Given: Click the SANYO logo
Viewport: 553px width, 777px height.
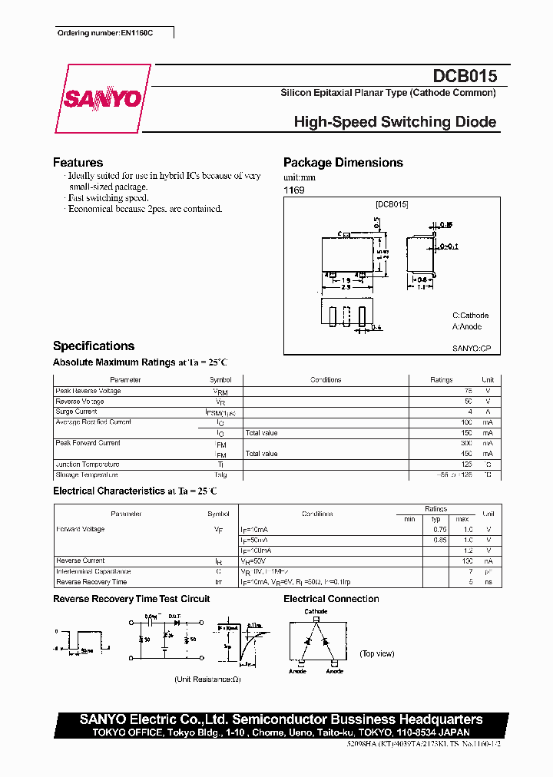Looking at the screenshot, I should point(102,99).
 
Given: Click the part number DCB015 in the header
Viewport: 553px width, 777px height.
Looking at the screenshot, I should point(465,76).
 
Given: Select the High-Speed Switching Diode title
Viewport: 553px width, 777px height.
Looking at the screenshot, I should point(395,122).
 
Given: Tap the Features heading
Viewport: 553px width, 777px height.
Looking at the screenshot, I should point(78,163).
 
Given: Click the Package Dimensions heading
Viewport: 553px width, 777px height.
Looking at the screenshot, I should point(343,163).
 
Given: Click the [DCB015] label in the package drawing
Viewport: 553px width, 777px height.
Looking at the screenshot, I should point(392,204).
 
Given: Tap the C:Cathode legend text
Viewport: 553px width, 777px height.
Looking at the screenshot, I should point(470,316).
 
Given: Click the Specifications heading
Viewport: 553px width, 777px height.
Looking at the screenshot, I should point(94,346).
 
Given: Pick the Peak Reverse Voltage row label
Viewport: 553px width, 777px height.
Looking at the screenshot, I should point(88,391).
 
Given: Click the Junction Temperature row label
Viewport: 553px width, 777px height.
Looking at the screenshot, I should point(88,465).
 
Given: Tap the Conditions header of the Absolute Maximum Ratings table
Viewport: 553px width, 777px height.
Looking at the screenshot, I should point(326,380).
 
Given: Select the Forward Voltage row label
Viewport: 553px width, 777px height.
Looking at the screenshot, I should point(81,529).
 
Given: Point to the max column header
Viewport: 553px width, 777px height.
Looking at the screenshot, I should point(462,519).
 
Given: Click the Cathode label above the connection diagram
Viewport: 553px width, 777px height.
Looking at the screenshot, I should point(316,612).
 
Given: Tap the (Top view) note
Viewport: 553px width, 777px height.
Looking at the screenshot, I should point(376,653).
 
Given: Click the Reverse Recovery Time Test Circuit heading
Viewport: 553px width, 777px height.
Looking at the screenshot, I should point(131,599).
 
